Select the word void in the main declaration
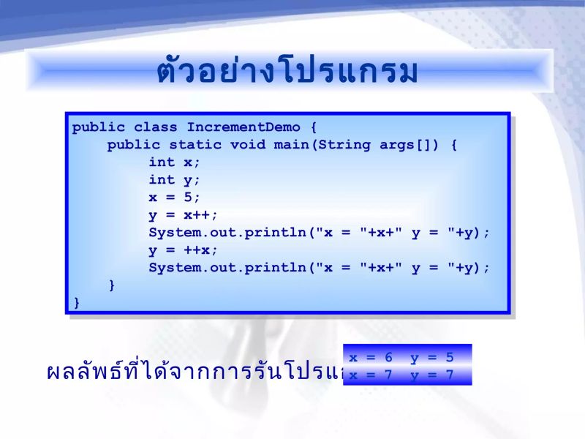(x=248, y=145)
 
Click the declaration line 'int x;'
(x=174, y=162)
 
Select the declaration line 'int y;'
(x=174, y=180)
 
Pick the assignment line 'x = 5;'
(x=174, y=198)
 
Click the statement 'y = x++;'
(x=183, y=215)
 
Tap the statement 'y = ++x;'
(x=183, y=250)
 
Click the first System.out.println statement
(x=319, y=233)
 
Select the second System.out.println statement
(x=319, y=268)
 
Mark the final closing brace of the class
(x=77, y=302)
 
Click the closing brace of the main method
(x=112, y=285)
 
